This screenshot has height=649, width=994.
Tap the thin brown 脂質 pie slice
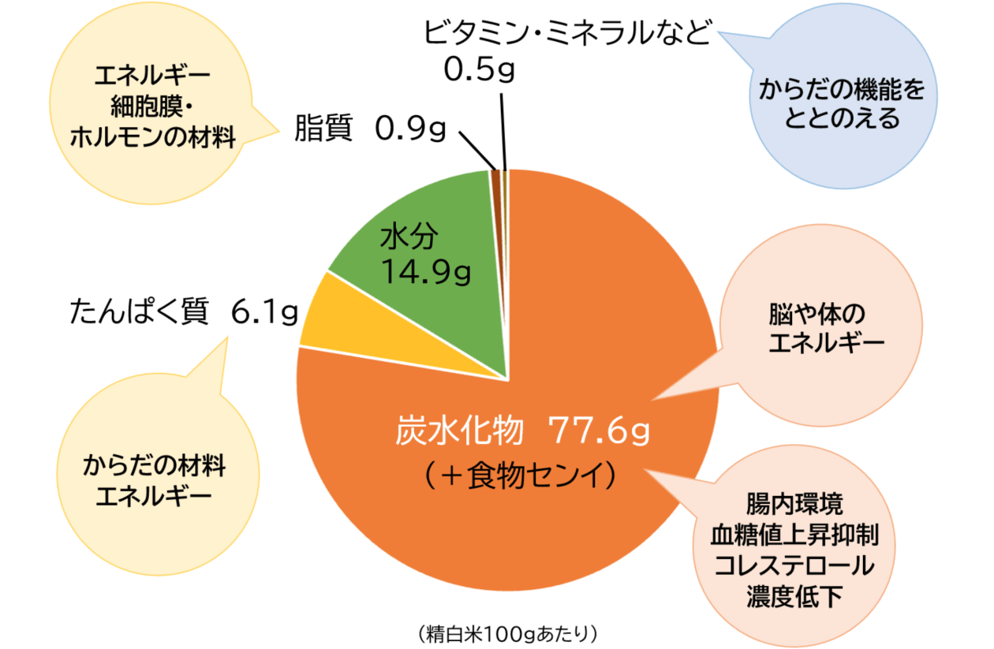click(496, 177)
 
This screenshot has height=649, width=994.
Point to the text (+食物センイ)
click(517, 476)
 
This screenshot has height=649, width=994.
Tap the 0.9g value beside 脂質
click(411, 129)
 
